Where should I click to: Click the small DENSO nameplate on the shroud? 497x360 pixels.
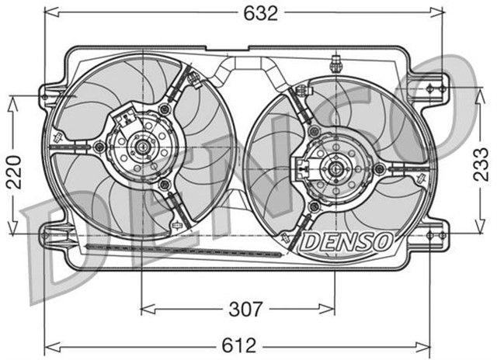coord(345,242)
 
